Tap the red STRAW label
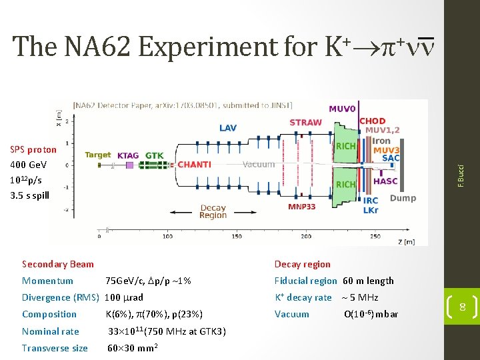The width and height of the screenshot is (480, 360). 306,123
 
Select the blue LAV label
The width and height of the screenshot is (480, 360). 227,128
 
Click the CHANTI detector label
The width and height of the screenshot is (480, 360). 195,164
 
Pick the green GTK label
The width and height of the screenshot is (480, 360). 154,155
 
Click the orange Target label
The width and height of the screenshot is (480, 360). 98,155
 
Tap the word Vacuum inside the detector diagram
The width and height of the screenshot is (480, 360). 259,164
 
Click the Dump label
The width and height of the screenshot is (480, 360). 403,198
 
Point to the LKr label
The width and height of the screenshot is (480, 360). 371,210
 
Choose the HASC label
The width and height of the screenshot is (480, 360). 386,181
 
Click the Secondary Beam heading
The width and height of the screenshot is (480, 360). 58,264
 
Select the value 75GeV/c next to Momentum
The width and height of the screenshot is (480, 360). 124,281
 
